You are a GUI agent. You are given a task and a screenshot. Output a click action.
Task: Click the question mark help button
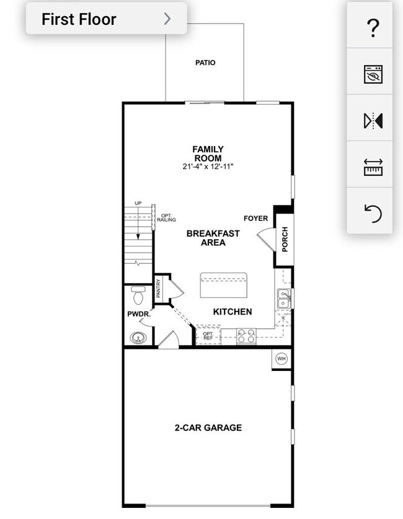(373, 27)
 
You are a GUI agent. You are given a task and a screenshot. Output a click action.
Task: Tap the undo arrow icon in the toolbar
(373, 214)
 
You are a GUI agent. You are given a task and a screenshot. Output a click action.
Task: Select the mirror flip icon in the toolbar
(373, 121)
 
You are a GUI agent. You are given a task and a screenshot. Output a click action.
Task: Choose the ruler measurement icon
(373, 167)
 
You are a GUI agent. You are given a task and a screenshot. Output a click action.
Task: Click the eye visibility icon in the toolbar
(373, 74)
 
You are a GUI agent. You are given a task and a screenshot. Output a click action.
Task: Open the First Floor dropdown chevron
(167, 19)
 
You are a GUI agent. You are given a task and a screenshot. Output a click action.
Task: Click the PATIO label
(205, 63)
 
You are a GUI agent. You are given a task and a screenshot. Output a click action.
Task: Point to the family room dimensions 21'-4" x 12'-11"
(208, 167)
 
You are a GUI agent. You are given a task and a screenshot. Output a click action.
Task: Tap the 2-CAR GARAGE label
(208, 427)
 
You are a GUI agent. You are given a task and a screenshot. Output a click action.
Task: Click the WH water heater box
(281, 359)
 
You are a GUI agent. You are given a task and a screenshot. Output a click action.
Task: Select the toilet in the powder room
(138, 293)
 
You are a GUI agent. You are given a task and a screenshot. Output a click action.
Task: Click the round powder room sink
(138, 338)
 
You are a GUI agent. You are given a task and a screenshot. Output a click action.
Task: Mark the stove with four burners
(246, 337)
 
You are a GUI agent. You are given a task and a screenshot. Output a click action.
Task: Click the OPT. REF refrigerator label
(208, 336)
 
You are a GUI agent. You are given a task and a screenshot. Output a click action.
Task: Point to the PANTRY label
(159, 289)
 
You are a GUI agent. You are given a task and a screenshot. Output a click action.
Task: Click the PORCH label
(285, 238)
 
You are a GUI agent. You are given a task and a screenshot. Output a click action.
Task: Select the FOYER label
(255, 218)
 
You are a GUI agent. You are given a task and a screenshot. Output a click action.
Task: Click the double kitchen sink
(284, 299)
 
